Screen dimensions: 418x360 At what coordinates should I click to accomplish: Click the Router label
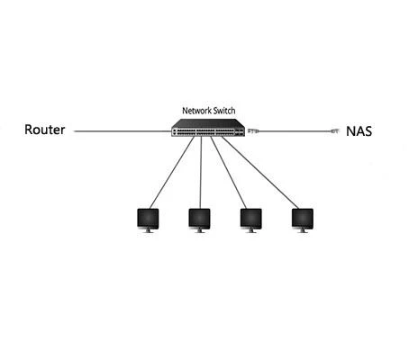point(44,130)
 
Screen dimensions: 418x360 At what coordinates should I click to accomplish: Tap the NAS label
point(359,131)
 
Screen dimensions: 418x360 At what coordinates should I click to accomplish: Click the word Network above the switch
point(197,111)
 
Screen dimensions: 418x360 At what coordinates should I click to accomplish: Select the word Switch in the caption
point(224,111)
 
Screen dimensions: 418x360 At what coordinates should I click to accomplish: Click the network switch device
point(208,128)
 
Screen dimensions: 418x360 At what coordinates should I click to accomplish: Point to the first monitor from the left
point(148,220)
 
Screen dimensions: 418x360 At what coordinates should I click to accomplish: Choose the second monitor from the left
point(199,220)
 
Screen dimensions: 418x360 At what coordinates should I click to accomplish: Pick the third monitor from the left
point(251,220)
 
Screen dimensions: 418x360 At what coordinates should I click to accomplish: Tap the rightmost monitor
point(303,220)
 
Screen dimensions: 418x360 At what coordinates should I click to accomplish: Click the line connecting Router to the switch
point(123,131)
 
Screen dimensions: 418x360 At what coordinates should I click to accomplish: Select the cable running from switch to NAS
point(295,131)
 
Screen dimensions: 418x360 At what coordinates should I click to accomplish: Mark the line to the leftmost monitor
point(172,173)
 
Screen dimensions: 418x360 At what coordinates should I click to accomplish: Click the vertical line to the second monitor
point(201,173)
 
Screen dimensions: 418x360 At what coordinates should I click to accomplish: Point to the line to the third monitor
point(229,173)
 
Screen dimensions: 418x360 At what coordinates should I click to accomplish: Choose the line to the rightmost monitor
point(260,173)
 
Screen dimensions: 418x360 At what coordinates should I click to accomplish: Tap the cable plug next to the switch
point(253,130)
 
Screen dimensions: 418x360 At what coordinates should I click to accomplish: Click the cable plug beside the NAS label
point(334,130)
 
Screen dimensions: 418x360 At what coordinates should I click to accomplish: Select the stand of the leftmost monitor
point(148,230)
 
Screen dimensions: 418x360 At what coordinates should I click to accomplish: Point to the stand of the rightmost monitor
point(303,230)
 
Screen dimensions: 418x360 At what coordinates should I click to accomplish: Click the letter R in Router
point(28,130)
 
